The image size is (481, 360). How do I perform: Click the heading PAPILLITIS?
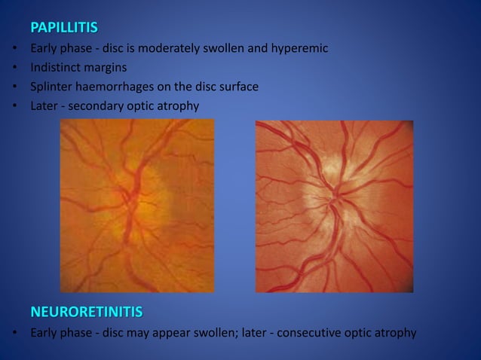coord(64,29)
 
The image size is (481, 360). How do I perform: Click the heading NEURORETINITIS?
coord(86,311)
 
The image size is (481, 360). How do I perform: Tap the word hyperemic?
coord(302,49)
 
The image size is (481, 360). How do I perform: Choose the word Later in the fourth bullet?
coord(44,105)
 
